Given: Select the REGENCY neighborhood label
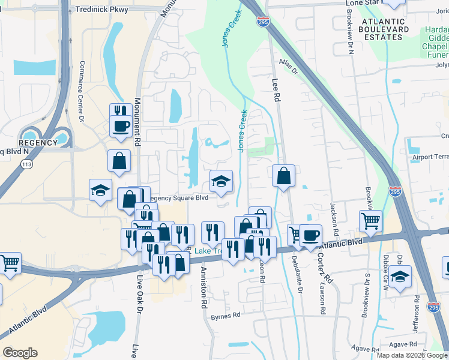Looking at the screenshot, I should (37, 143).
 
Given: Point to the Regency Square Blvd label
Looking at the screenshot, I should (178, 197).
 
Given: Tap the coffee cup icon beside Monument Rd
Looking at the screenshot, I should (121, 127).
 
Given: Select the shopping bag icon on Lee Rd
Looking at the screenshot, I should (283, 176).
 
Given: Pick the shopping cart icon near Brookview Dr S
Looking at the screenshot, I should (370, 221).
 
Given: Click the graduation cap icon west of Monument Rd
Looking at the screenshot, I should (100, 191).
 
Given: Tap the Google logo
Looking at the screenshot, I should (20, 353).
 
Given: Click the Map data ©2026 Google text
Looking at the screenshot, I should (412, 355).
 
